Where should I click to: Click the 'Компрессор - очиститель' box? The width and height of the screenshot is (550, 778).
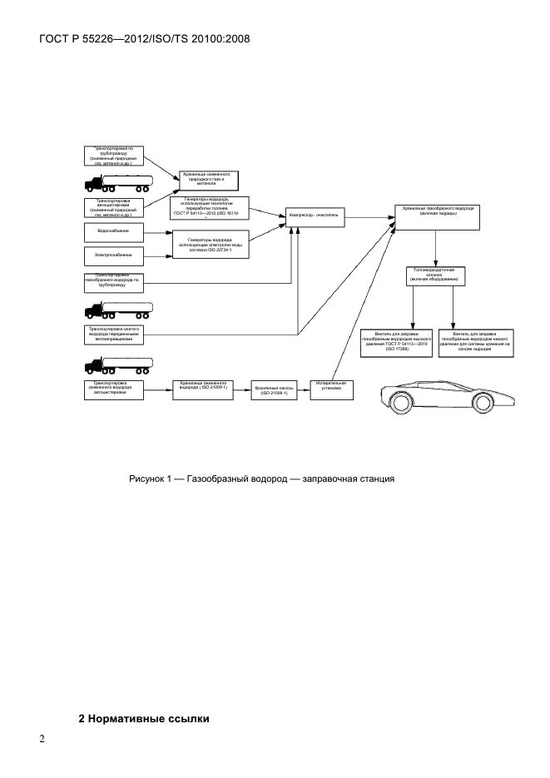tap(312, 214)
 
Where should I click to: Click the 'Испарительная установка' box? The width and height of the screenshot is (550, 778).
tap(332, 389)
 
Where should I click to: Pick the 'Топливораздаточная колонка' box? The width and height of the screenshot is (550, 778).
tap(434, 276)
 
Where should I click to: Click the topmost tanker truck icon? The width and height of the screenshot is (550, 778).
tap(118, 183)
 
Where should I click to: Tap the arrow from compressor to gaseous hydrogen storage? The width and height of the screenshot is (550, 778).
tap(366, 216)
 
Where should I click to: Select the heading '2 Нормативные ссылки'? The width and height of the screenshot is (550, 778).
tap(144, 718)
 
